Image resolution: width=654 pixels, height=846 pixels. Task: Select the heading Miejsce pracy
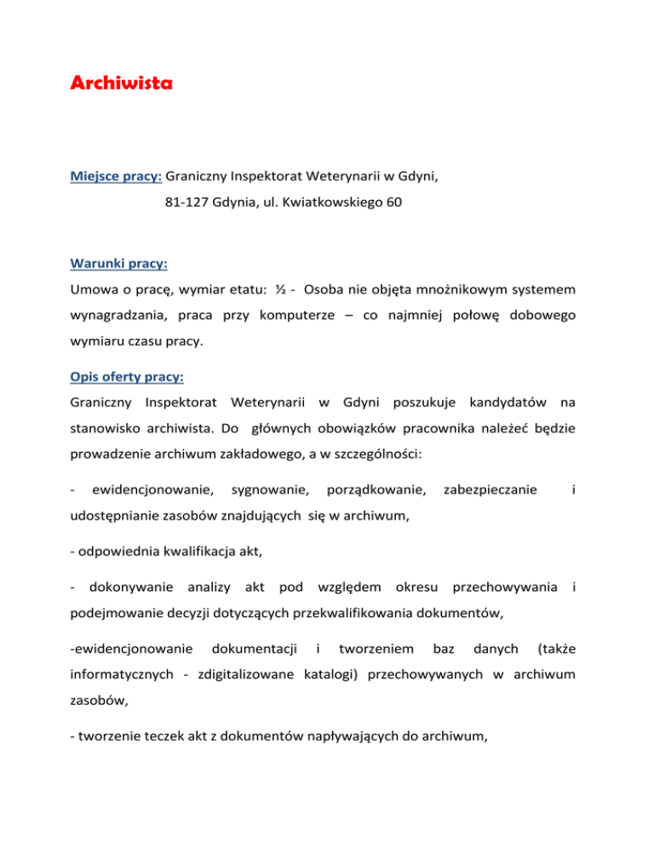tap(116, 179)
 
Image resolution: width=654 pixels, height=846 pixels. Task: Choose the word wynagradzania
tap(119, 316)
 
